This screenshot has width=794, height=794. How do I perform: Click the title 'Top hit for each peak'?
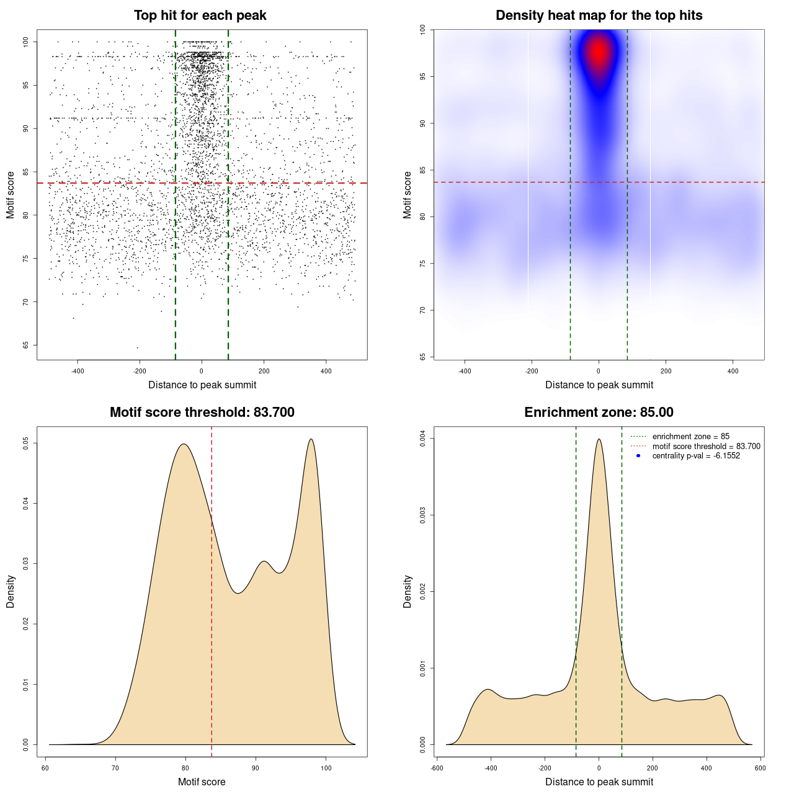coord(200,16)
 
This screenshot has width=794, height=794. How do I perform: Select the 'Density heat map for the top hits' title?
coord(599,16)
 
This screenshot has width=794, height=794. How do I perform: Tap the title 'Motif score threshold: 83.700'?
coord(202,413)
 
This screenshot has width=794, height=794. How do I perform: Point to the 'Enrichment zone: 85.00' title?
coord(599,413)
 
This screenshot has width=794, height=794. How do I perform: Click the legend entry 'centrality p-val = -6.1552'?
coord(696,456)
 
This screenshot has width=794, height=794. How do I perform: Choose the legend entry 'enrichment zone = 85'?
coord(690,437)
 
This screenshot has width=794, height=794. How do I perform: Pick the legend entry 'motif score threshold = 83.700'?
coord(706,446)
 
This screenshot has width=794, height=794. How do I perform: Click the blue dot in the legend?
coord(638,456)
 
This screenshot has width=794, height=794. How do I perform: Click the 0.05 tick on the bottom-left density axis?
coord(26,443)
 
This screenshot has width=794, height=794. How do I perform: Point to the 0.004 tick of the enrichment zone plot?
coord(423,439)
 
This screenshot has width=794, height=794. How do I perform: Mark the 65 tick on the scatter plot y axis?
coord(26,345)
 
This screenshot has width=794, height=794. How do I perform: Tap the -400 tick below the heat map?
coord(465,371)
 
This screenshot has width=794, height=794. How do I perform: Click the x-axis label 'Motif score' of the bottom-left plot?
coord(202,782)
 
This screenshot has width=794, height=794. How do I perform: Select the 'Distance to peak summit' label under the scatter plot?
coord(202,385)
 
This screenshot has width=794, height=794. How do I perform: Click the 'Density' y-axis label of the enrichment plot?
coord(408,591)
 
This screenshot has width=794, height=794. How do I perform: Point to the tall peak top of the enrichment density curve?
coord(599,440)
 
